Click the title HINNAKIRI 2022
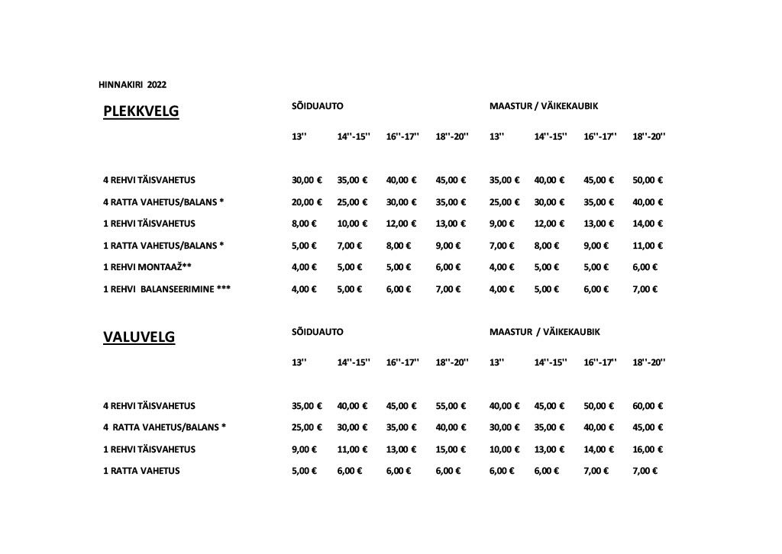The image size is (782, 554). coord(133,84)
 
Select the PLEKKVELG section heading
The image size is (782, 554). coord(141,112)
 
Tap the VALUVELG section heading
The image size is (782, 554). coord(139,338)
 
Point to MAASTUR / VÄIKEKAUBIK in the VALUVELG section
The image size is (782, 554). coord(544,332)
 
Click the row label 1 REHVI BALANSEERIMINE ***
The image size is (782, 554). coord(166,289)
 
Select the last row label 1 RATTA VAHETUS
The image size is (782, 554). coord(141,471)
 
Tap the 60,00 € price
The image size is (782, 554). coord(648,406)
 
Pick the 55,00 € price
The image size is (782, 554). coord(451,406)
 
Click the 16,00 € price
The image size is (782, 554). coord(648,449)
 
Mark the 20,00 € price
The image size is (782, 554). coord(307,202)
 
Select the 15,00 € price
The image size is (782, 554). coord(451,449)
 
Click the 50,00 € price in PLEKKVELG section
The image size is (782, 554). coord(648,180)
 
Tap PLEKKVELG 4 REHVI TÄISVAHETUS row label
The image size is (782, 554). coord(149,180)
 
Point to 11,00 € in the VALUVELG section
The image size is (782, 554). coord(352,449)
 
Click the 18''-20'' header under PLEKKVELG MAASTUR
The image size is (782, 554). coord(649,137)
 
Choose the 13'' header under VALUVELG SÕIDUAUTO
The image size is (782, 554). coord(299,362)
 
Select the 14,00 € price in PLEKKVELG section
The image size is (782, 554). coord(648,224)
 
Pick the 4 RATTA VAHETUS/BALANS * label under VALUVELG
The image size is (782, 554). coord(164,427)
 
